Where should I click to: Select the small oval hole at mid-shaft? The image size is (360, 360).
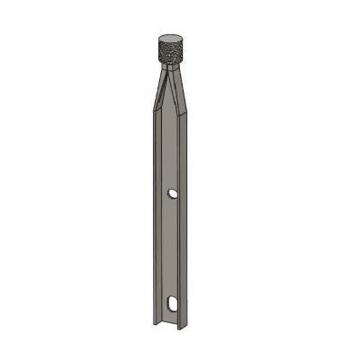tap(171, 193)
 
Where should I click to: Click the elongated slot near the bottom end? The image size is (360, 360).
tap(171, 302)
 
